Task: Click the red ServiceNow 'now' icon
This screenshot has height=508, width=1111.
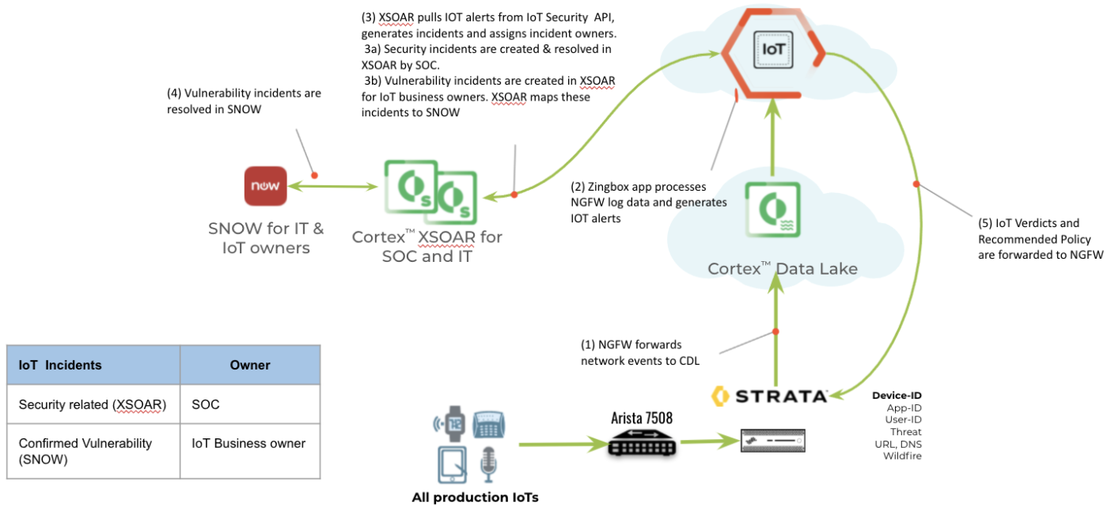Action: point(266,186)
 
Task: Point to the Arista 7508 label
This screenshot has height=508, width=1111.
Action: point(642,418)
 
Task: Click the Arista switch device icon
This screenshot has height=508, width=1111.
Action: point(642,445)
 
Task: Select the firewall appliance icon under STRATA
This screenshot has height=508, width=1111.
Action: point(772,441)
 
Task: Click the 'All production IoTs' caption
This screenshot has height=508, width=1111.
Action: point(475,498)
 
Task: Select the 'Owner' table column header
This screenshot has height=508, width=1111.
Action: point(250,365)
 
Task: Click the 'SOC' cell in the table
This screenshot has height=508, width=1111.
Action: point(205,404)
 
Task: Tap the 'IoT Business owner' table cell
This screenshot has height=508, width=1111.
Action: point(248,443)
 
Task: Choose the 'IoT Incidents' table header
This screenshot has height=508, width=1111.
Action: point(60,365)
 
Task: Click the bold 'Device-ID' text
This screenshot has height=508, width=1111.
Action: point(897,395)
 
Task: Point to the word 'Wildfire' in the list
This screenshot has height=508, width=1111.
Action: point(902,455)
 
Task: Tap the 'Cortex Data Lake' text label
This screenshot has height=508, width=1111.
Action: point(782,269)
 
